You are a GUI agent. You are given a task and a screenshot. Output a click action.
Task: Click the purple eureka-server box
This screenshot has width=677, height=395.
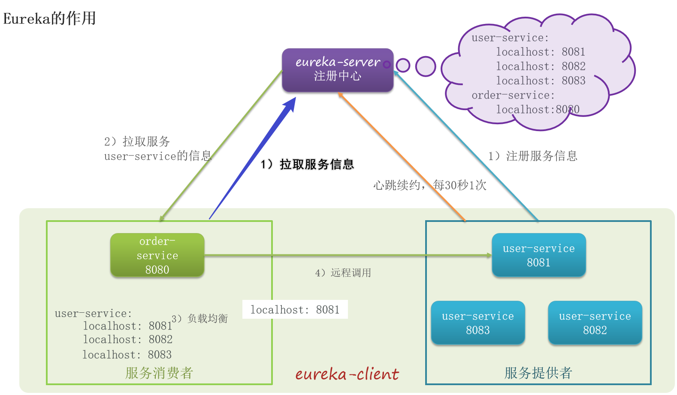[337, 70]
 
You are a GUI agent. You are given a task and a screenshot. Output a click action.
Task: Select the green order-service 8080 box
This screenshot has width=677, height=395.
[157, 255]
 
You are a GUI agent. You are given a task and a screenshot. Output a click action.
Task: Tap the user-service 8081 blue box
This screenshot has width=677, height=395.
[538, 255]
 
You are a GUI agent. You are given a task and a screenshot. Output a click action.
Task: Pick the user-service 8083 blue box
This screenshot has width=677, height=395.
[478, 323]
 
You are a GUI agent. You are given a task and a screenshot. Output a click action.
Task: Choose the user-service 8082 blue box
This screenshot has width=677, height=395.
[595, 323]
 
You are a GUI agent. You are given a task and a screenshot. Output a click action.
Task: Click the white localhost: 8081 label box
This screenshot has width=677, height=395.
[295, 310]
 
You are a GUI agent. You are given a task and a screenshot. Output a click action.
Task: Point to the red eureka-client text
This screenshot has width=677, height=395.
[347, 374]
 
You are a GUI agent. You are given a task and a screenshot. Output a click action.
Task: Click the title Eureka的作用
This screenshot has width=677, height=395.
[49, 18]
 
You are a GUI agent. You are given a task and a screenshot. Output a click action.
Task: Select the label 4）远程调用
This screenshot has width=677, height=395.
[343, 273]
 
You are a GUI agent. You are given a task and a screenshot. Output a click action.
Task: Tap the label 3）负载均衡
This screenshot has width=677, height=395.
[199, 319]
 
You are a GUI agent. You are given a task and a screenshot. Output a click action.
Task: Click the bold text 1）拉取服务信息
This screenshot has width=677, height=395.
[307, 165]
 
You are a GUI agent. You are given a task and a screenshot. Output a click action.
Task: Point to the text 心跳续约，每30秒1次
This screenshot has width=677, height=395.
[429, 185]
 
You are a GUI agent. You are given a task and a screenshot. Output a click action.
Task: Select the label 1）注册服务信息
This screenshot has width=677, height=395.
[533, 156]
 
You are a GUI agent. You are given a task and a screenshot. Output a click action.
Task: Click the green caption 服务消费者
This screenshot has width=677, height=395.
[159, 373]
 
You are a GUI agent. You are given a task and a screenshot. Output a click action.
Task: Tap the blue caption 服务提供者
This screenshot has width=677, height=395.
[538, 373]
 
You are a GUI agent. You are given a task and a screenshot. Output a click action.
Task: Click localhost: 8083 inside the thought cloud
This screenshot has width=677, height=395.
[541, 81]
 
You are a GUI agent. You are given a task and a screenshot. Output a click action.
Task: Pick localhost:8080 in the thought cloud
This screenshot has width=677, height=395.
[538, 110]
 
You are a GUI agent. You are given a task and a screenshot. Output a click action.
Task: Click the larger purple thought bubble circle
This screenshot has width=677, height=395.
[426, 66]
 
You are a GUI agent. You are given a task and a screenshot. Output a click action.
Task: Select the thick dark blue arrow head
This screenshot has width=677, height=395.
[290, 105]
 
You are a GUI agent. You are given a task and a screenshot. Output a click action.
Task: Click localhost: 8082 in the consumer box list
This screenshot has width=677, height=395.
[127, 340]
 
